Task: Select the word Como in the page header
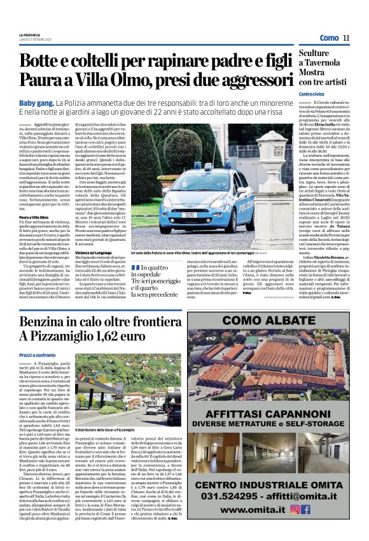(x=329, y=38)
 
